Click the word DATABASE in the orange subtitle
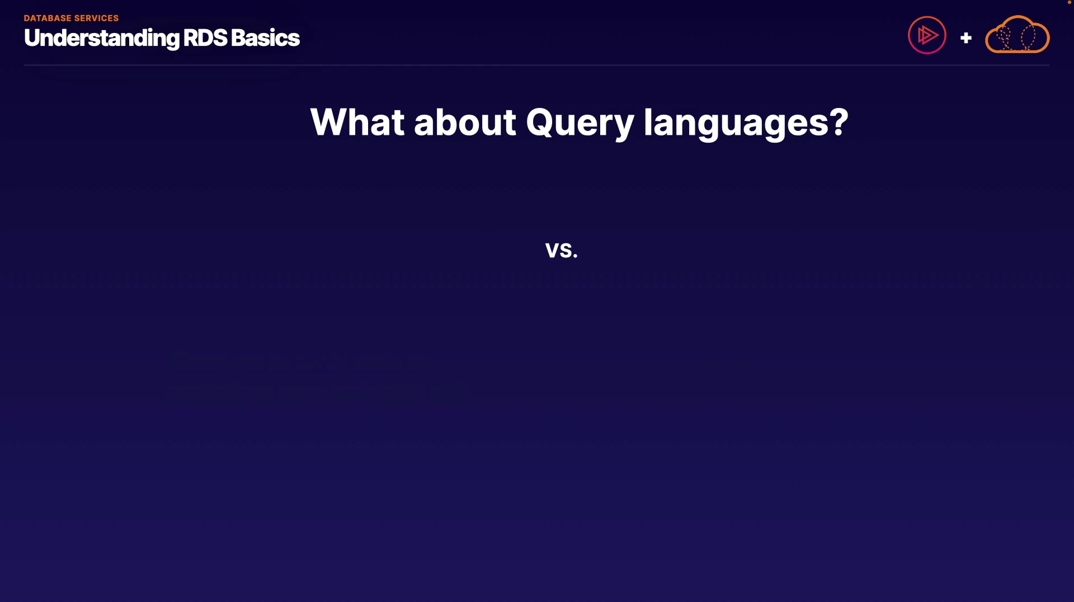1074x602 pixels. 48,18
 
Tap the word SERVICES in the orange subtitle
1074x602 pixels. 96,18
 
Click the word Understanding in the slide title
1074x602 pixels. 102,39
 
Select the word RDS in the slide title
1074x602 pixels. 205,38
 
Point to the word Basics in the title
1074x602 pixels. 265,38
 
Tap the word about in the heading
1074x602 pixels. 465,122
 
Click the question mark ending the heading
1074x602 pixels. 839,122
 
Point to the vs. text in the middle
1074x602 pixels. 562,250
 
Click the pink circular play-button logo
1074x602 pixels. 927,35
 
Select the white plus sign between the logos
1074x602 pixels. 966,38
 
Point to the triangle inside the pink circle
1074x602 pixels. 928,35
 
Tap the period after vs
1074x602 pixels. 576,256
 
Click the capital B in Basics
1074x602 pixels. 239,38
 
